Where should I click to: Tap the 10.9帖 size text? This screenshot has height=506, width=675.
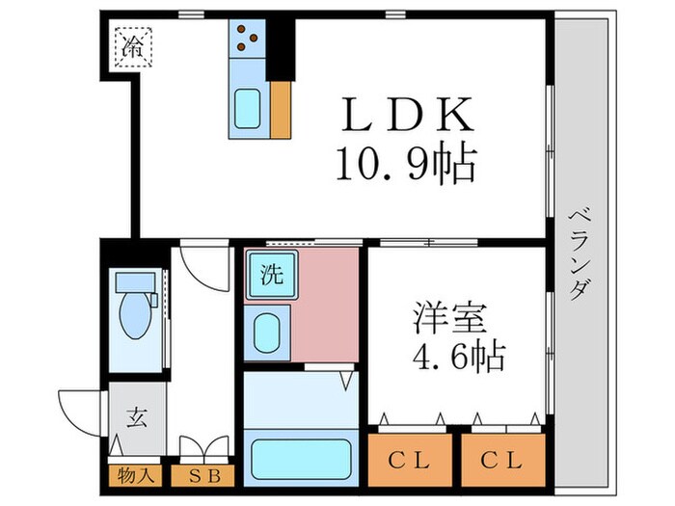(x=404, y=166)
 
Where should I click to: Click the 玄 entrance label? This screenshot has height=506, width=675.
(x=135, y=417)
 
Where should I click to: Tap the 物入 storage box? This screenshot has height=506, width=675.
(x=134, y=475)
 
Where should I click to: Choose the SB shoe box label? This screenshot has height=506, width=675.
(x=201, y=475)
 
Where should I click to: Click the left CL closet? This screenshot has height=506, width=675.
(x=409, y=460)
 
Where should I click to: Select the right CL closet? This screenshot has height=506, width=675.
(x=502, y=460)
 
